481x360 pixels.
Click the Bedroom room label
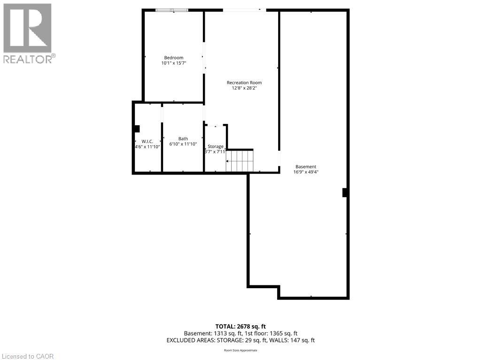(174, 58)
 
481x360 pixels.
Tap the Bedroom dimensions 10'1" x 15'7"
(174, 63)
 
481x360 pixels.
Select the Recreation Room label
(244, 83)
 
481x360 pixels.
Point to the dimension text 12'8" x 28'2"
(244, 88)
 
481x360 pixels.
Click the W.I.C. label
(147, 141)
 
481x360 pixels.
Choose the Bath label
(183, 138)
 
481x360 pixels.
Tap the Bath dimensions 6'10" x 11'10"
(183, 144)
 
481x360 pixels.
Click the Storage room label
(215, 146)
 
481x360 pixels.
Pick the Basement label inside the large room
(306, 167)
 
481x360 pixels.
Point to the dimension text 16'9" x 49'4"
(306, 172)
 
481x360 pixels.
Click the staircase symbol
(240, 161)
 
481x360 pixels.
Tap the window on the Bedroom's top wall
(172, 10)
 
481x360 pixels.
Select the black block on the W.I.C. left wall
(137, 129)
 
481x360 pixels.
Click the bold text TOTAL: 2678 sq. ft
(240, 327)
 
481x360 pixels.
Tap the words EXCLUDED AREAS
(191, 340)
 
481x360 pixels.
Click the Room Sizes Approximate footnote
(240, 350)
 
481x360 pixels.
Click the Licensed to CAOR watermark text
(27, 356)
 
